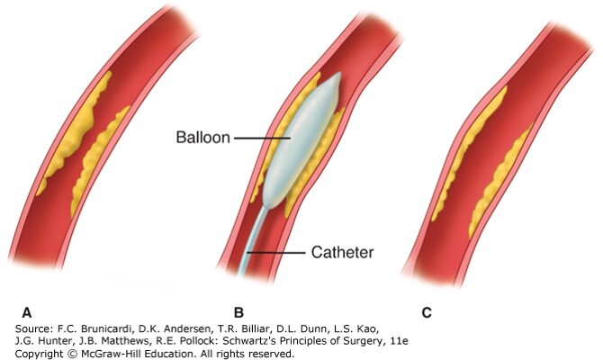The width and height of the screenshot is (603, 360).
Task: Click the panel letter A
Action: click(x=27, y=312)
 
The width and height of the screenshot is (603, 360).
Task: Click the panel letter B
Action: click(x=238, y=312)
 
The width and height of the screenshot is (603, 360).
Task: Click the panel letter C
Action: click(x=427, y=312)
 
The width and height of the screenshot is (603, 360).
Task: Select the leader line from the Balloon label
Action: click(x=261, y=139)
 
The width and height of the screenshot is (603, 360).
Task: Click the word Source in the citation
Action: click(x=31, y=330)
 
